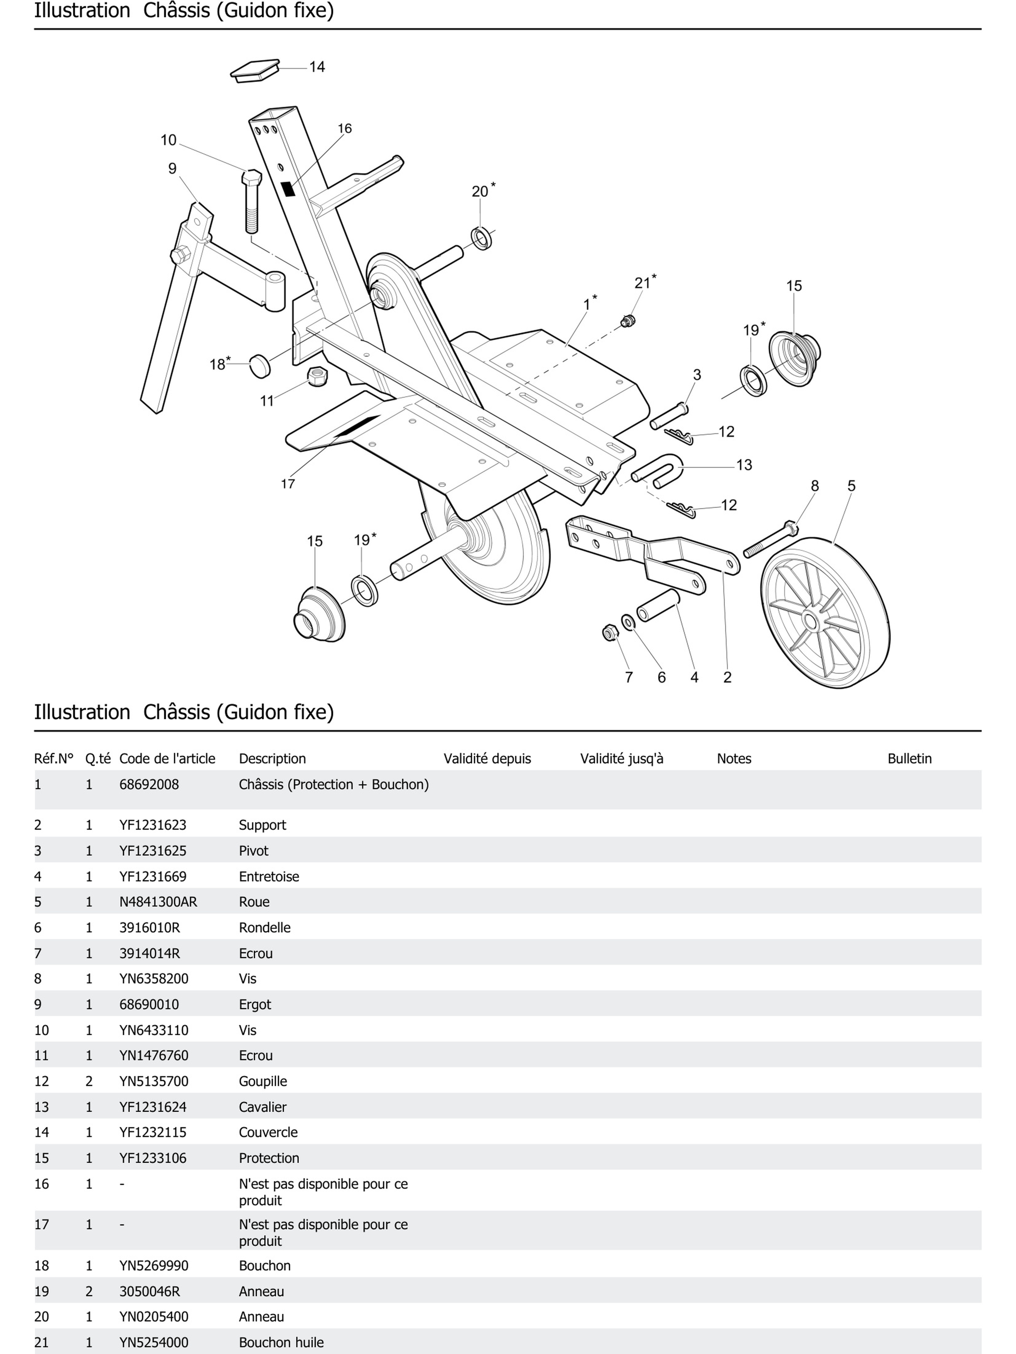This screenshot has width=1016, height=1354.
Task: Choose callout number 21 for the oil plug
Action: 642,283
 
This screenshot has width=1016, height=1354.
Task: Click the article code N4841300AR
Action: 158,902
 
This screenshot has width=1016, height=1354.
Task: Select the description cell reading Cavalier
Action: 262,1107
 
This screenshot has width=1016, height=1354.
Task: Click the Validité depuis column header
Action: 487,758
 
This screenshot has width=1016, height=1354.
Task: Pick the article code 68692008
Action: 149,784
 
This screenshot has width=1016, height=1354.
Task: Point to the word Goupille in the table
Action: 262,1081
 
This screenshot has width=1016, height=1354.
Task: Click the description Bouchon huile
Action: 281,1342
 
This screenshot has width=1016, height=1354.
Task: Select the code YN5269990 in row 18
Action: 154,1265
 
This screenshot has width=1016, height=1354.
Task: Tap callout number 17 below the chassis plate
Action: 288,484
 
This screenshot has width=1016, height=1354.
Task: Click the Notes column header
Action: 734,758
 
